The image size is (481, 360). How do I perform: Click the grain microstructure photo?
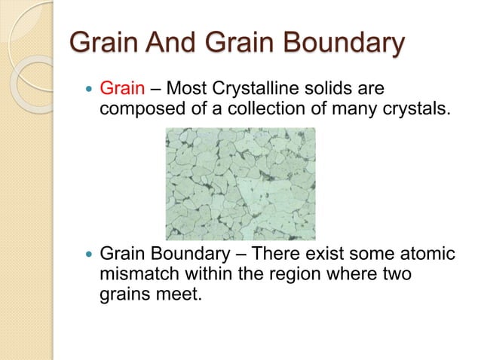240,183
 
